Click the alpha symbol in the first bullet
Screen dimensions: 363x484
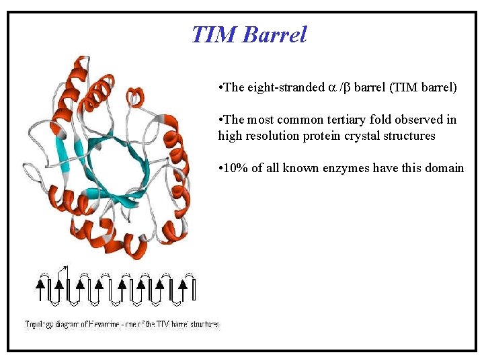click(331, 87)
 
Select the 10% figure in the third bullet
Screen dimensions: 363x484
click(236, 168)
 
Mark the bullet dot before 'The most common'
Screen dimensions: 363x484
click(220, 120)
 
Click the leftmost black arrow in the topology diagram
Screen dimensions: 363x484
click(40, 289)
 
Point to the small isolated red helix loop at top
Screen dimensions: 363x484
click(136, 96)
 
